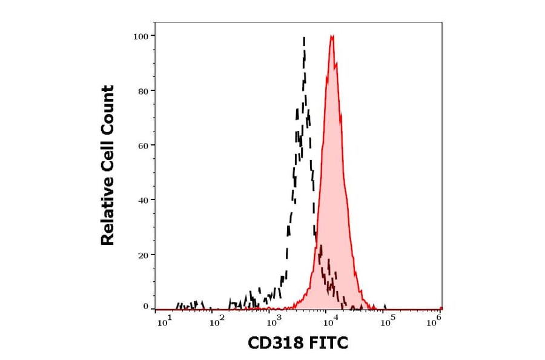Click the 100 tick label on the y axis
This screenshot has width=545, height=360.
(x=140, y=36)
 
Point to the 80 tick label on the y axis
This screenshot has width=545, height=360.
(x=143, y=91)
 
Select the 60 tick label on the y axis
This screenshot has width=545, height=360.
(x=143, y=145)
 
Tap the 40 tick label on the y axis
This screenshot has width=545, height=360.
(x=143, y=200)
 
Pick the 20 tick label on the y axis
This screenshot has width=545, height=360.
(x=143, y=255)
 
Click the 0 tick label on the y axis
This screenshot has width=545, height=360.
(x=145, y=307)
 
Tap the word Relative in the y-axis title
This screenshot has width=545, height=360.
(x=108, y=216)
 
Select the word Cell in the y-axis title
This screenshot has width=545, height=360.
(x=108, y=161)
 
